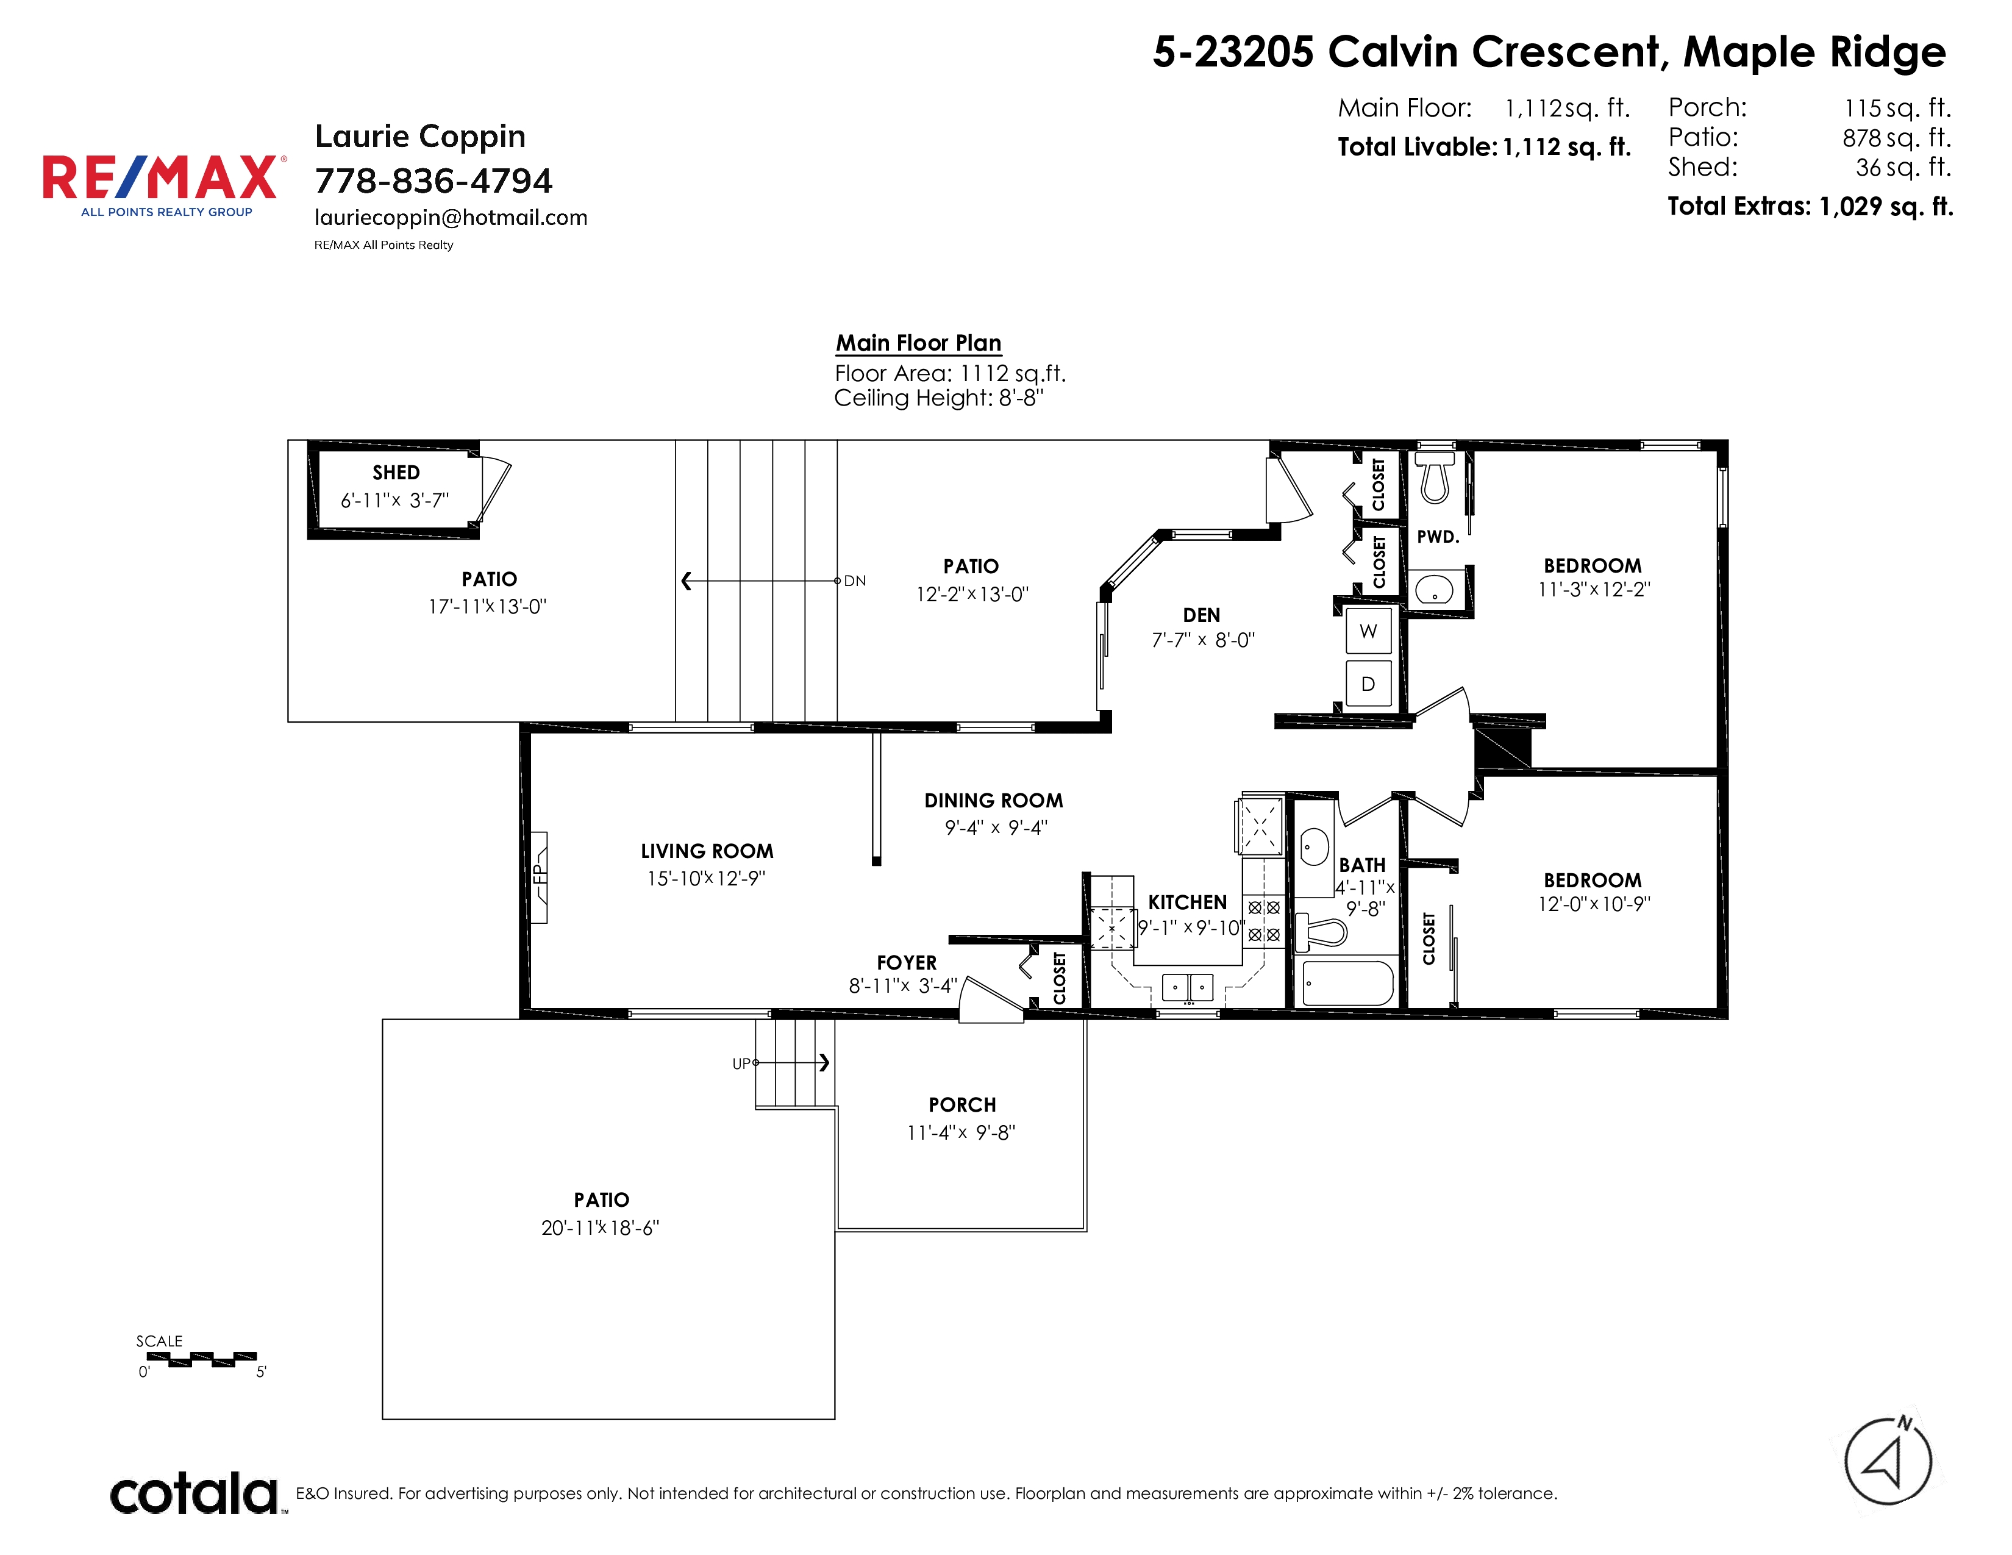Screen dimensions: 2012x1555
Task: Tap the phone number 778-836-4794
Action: click(x=433, y=181)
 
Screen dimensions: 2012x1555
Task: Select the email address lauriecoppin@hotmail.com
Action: click(x=451, y=218)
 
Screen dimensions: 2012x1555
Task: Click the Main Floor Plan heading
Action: click(x=918, y=343)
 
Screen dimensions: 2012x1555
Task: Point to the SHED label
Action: click(x=396, y=473)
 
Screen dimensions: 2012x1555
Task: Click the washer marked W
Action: click(x=1368, y=631)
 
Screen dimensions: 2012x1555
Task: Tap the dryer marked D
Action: click(x=1368, y=684)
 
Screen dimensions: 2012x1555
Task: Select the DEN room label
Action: click(x=1201, y=615)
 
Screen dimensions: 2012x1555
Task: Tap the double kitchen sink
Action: click(x=1188, y=987)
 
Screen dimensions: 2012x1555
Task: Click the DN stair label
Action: click(x=855, y=581)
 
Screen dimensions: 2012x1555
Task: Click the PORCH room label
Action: click(x=961, y=1104)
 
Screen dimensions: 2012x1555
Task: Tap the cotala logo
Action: click(x=194, y=1493)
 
